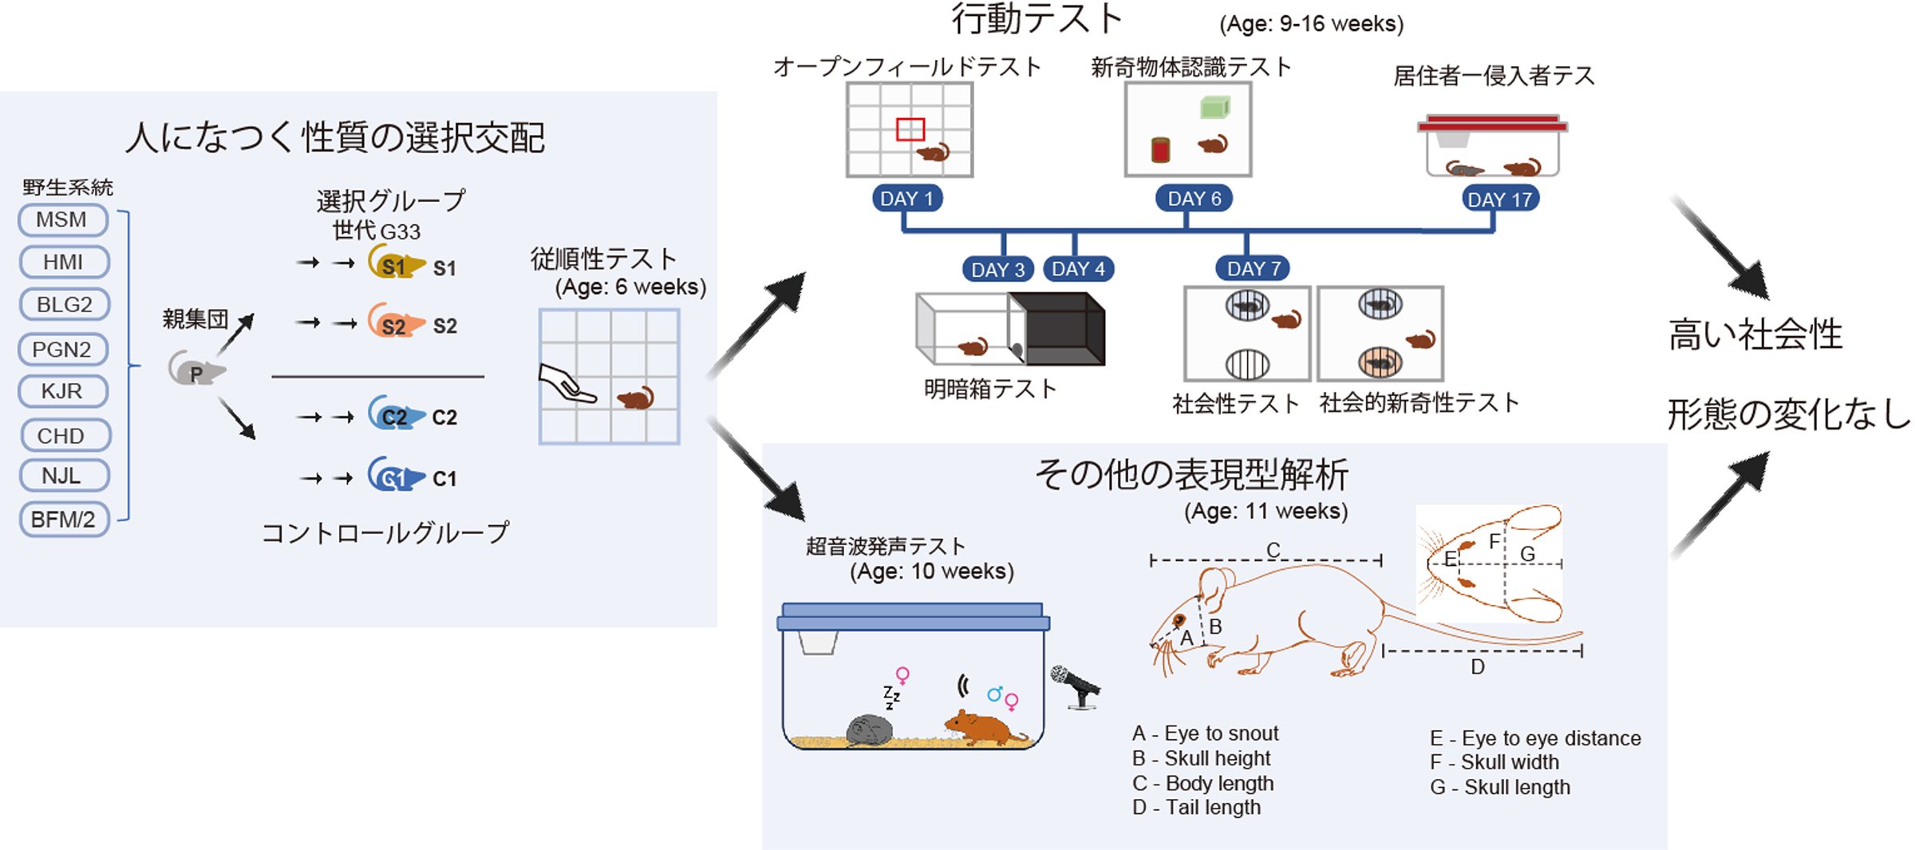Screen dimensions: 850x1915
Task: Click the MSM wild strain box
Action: coord(63,219)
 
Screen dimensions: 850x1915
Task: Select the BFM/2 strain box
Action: coord(64,520)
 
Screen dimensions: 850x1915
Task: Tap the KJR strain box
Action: coord(63,391)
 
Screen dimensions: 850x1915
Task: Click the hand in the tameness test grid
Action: coord(567,384)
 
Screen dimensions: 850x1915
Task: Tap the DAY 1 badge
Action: coord(906,199)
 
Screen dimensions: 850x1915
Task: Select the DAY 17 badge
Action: coord(1499,200)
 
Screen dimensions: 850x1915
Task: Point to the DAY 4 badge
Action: coord(1077,269)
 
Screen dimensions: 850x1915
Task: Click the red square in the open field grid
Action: coord(910,129)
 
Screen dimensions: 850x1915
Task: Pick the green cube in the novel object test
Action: coord(1214,107)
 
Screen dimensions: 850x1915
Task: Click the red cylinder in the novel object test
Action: coord(1161,149)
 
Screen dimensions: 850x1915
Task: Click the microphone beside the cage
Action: coord(1074,685)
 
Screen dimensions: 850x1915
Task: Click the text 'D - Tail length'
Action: coord(1196,808)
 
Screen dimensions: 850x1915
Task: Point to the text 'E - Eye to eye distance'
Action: coord(1534,738)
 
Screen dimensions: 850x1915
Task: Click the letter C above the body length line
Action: coord(1273,550)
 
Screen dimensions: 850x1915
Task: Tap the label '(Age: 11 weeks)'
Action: coord(1265,511)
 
